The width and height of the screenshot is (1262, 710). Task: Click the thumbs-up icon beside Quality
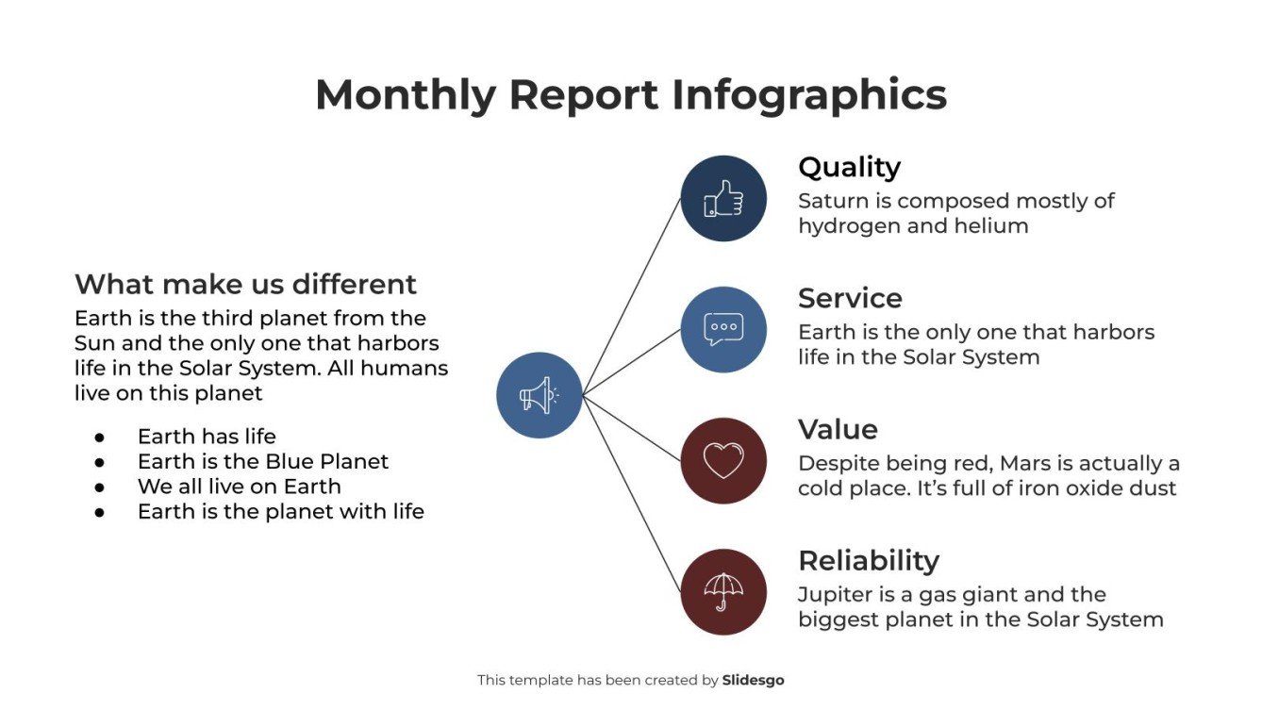(723, 198)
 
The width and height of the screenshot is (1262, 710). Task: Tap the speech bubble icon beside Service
(723, 329)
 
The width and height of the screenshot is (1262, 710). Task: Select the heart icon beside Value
(723, 461)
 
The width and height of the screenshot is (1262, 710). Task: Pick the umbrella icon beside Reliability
(723, 591)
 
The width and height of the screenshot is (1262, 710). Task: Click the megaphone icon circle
(539, 395)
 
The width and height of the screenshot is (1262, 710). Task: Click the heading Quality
(849, 167)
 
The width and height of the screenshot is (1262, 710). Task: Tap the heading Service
(850, 298)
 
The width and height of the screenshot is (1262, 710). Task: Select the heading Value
(838, 429)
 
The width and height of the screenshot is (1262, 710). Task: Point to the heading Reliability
(868, 560)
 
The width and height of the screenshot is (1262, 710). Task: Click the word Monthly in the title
(405, 95)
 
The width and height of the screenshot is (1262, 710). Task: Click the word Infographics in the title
(808, 95)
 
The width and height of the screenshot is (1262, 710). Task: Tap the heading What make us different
(245, 284)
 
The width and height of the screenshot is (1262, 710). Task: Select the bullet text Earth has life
(207, 436)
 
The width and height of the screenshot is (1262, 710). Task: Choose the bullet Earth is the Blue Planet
(262, 461)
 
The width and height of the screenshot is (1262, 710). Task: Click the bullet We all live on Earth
(239, 487)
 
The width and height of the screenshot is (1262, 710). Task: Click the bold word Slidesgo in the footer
(753, 680)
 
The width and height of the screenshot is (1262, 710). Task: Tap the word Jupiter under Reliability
(835, 595)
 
